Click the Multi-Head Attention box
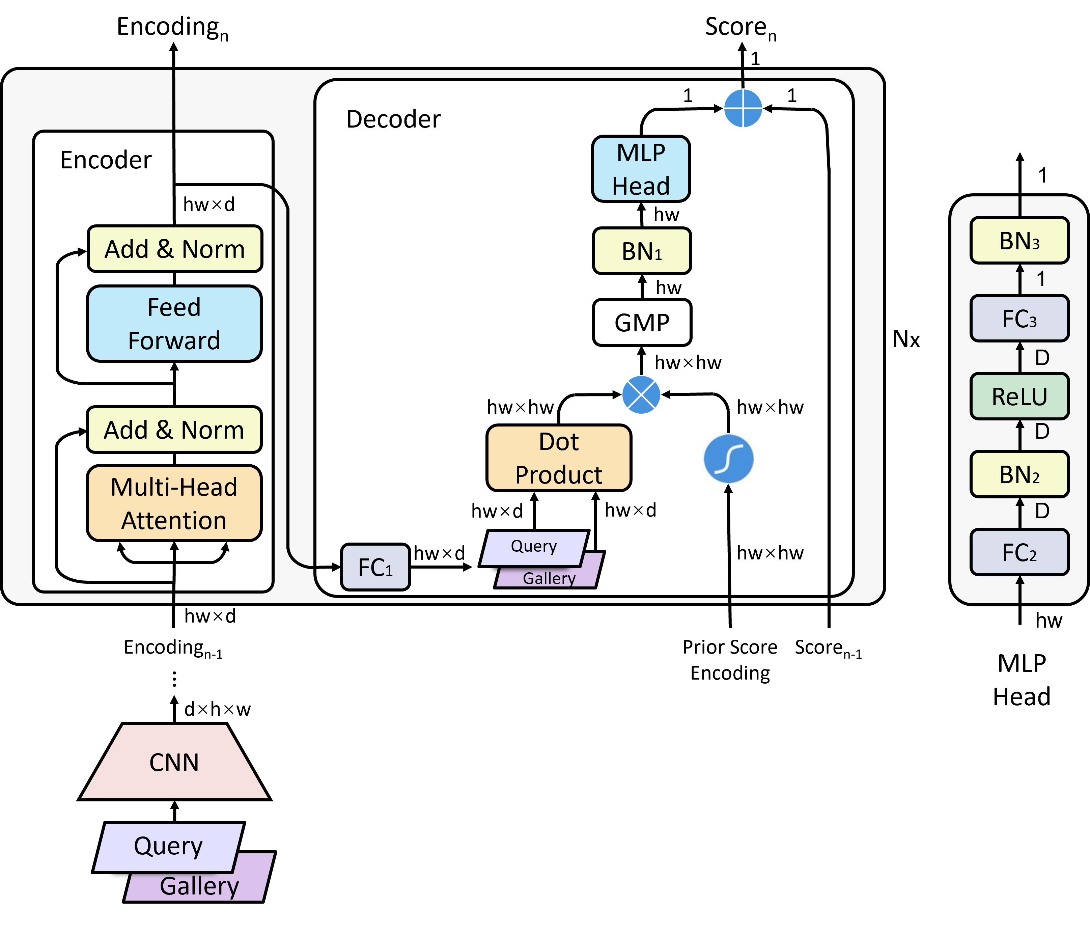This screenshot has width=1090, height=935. [174, 503]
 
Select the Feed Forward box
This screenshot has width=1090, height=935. [174, 324]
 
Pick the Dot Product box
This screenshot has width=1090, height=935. [559, 458]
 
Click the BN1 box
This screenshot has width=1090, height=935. [642, 251]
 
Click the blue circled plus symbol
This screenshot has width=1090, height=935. [743, 108]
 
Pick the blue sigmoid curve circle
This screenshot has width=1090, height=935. [729, 458]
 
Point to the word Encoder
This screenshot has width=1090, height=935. [106, 160]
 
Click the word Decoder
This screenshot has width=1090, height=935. [393, 119]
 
